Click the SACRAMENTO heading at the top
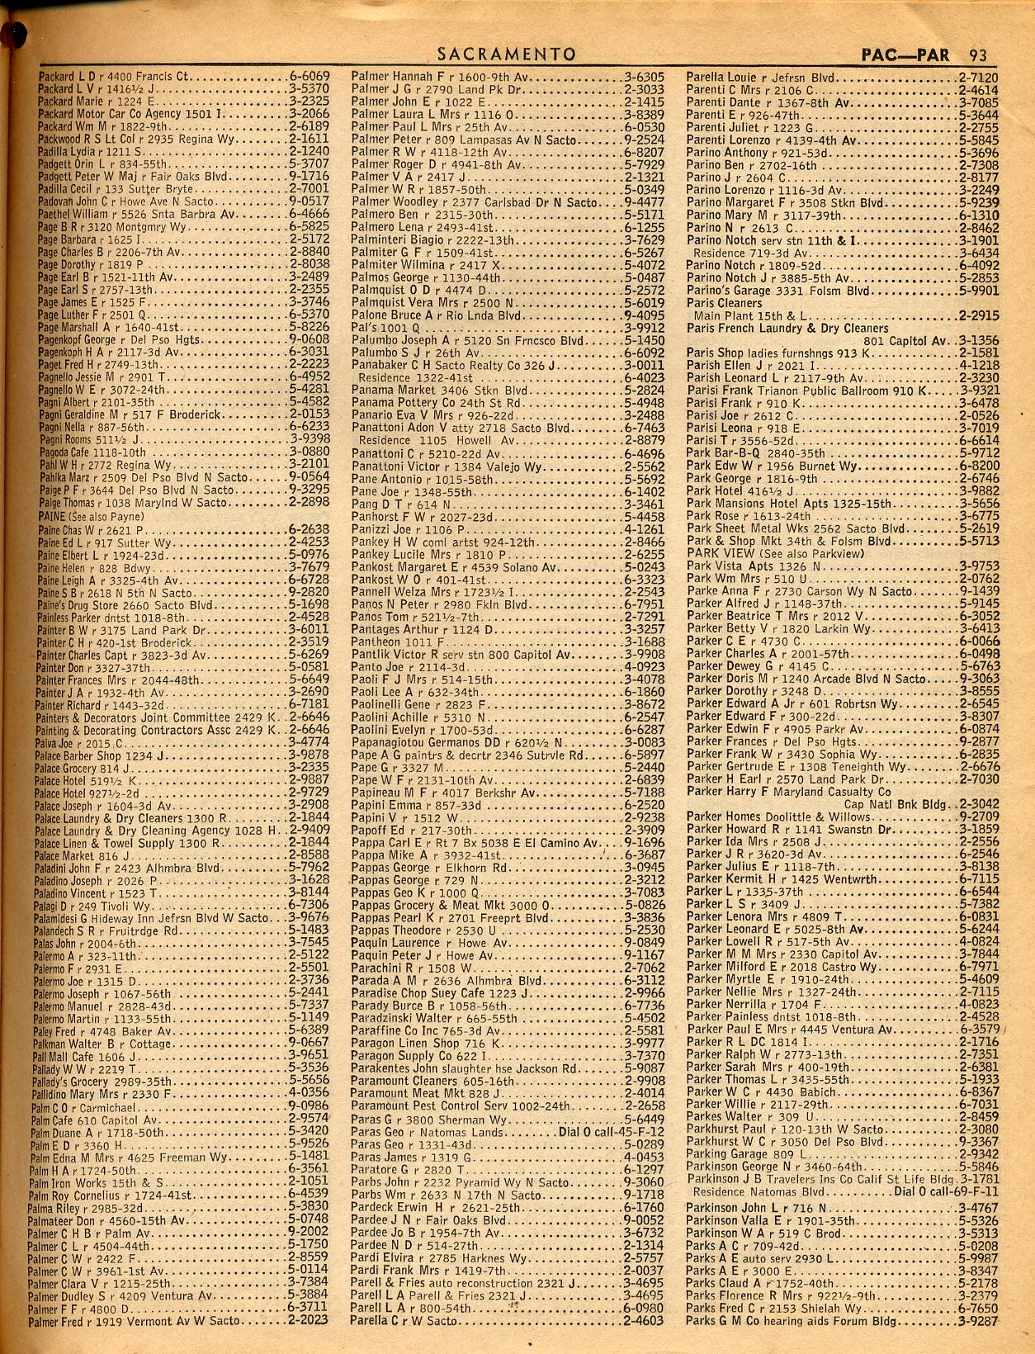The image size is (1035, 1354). (506, 55)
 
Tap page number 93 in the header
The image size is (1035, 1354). (978, 56)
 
